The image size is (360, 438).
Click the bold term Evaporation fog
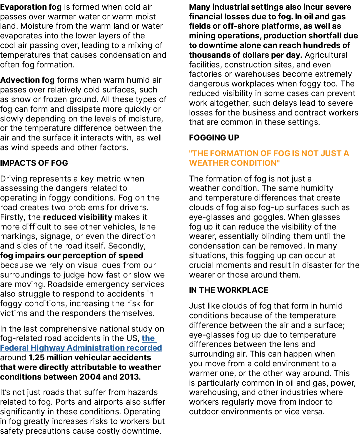point(31,7)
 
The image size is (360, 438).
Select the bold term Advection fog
point(27,80)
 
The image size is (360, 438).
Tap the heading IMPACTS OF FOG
point(34,163)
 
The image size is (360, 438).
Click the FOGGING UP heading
point(214,137)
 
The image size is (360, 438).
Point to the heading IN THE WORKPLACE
point(229,290)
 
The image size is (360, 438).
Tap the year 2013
point(131,377)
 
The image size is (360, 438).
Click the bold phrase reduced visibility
point(78,217)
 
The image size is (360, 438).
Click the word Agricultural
point(326,55)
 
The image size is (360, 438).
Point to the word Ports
point(65,402)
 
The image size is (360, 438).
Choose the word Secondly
point(127,246)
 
